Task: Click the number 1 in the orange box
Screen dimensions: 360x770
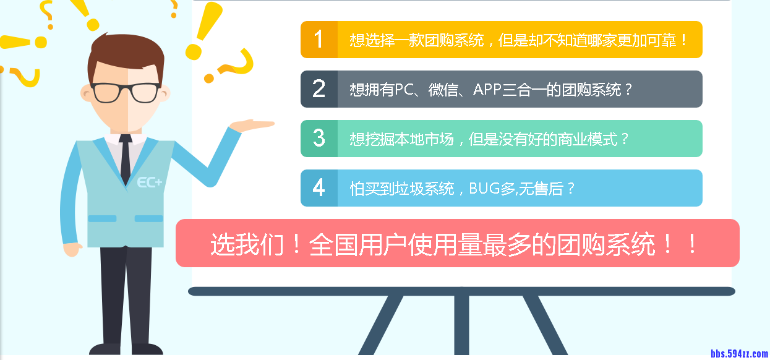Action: tap(319, 40)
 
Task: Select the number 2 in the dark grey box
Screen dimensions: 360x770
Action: tap(319, 89)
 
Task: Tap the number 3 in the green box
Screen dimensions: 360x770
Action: tap(319, 138)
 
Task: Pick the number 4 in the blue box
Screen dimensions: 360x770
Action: tap(319, 187)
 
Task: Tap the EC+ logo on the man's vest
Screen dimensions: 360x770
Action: tap(149, 182)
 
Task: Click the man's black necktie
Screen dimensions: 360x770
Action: tap(126, 158)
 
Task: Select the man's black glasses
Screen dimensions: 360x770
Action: tap(126, 92)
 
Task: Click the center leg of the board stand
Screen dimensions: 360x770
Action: tap(461, 325)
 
